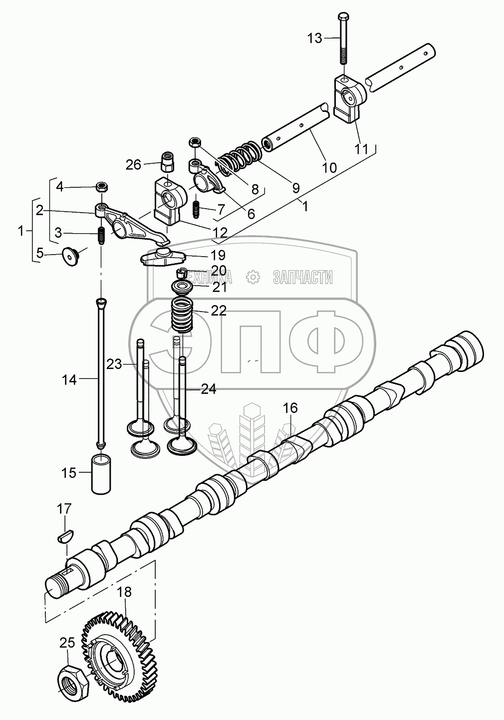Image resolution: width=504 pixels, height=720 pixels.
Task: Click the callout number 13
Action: (x=315, y=38)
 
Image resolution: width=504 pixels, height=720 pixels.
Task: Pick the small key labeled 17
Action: (x=64, y=538)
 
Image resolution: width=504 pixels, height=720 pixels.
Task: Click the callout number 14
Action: (x=69, y=380)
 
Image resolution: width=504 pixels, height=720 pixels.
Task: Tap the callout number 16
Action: (x=290, y=408)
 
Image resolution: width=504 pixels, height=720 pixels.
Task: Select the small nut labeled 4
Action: (x=102, y=187)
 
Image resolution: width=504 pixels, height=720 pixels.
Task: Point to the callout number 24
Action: (x=209, y=389)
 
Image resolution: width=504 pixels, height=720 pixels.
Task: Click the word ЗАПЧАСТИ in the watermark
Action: (x=302, y=276)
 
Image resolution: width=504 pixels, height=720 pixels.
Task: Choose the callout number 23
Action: (x=114, y=364)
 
